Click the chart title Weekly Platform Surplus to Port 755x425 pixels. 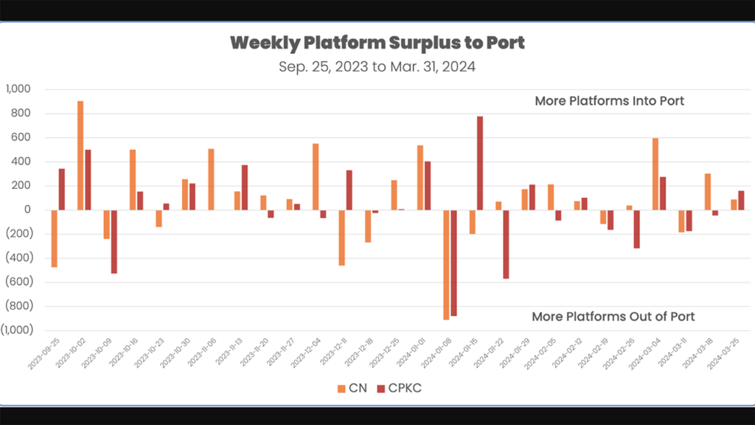coord(377,42)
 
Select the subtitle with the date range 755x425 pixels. coord(377,66)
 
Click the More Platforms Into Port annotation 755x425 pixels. coord(609,100)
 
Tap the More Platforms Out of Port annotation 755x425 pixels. coord(613,317)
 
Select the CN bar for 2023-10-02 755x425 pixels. coord(80,155)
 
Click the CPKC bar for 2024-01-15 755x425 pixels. coord(480,163)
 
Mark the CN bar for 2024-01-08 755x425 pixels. coord(446,265)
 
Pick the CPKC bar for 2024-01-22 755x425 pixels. coord(506,244)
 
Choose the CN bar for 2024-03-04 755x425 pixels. coord(655,174)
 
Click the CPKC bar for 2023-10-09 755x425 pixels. coord(114,242)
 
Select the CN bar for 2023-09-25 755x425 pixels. coord(55,238)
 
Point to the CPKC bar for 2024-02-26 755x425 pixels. coord(636,229)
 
